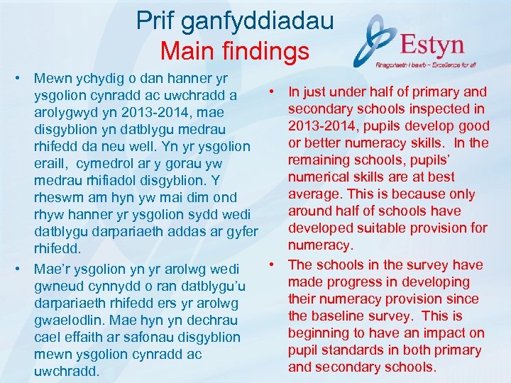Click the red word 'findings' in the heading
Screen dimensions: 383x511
266,51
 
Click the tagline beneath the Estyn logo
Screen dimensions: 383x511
424,64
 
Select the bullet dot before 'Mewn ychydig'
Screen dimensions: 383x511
23,77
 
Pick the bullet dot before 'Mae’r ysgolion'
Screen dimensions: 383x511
23,270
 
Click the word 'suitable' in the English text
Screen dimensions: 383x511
379,228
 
